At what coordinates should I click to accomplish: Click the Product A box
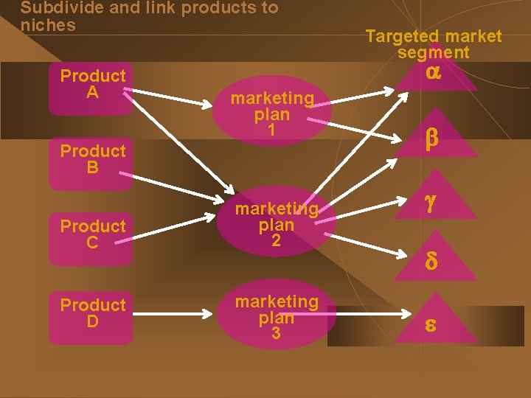pos(92,84)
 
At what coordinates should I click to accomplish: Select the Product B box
pos(92,159)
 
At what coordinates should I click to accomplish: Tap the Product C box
pos(92,234)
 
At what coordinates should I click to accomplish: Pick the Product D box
pos(92,313)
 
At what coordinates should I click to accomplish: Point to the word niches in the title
pos(48,25)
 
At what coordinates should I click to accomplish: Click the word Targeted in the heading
pos(401,36)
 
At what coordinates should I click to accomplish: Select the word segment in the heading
pos(433,52)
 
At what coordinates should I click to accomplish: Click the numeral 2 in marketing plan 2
pos(276,241)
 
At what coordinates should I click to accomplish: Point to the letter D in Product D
pos(92,321)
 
